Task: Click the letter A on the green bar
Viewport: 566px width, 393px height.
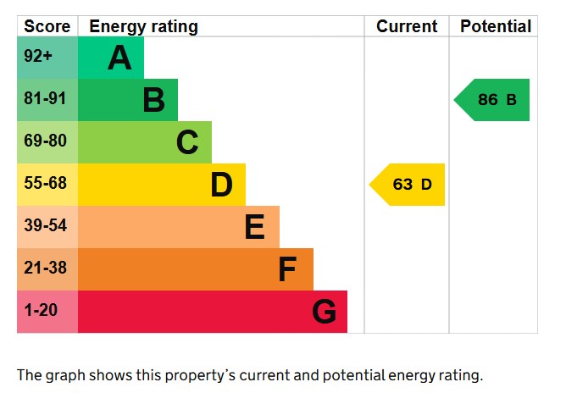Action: pos(119,58)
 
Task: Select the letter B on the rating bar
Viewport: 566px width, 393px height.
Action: pos(153,100)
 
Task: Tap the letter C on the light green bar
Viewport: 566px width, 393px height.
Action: pos(187,142)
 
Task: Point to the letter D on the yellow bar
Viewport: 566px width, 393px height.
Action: pos(221,185)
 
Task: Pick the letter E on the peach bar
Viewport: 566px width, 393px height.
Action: pos(254,227)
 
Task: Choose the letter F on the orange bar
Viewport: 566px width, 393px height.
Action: pos(287,269)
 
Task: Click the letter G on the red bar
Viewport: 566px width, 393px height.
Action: pos(324,312)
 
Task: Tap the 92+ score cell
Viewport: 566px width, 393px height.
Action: pos(38,58)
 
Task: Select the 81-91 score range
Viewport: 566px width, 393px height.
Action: pos(45,99)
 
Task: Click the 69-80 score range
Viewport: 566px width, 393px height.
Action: pos(45,141)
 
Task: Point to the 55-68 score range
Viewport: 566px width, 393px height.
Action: pos(45,184)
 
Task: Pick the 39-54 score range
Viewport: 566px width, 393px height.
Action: pos(45,226)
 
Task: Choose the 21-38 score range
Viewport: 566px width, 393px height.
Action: pos(45,268)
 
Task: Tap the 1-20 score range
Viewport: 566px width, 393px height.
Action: pos(41,311)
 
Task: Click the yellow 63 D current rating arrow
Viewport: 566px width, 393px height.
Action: pos(408,185)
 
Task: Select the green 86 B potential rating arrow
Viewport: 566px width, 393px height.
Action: pos(494,100)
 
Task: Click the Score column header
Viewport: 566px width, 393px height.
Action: pos(47,26)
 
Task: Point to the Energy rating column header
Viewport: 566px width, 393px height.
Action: pos(143,26)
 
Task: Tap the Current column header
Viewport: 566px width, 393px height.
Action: pos(407,26)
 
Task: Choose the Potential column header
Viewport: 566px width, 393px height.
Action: pos(496,26)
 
